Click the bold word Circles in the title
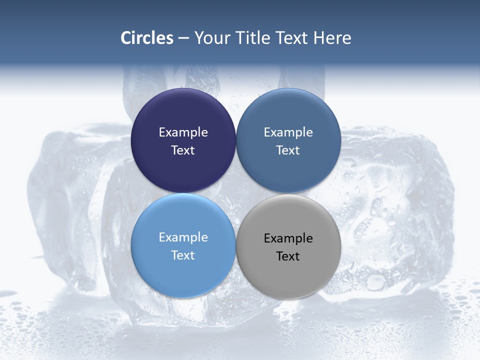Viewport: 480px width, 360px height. pos(146,38)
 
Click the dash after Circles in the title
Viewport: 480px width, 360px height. pos(183,38)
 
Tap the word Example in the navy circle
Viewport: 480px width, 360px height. pos(183,132)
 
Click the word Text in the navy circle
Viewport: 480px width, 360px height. pos(183,150)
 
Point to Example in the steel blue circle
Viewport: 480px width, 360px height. pos(288,132)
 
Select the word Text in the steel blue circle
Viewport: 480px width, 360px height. pos(288,150)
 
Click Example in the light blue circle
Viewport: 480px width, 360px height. pos(183,237)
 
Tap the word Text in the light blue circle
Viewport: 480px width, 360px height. pos(183,255)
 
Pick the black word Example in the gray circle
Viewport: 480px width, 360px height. pos(288,238)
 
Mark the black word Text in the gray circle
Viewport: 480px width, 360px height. pos(288,256)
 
